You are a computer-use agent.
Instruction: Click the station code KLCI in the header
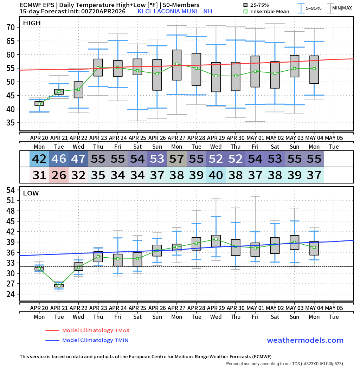pos(144,11)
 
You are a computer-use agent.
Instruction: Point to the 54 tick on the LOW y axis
pos(10,190)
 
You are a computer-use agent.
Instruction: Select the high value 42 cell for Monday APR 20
pos(39,159)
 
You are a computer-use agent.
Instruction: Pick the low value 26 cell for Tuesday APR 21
pos(59,175)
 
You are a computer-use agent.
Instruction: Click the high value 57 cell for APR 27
pos(177,159)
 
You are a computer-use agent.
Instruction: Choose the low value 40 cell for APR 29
pos(216,175)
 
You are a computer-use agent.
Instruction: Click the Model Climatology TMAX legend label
pos(96,330)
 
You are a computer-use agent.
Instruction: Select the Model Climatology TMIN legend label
pos(95,340)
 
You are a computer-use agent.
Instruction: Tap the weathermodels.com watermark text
pos(305,340)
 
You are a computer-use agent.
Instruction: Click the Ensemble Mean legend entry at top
pos(270,12)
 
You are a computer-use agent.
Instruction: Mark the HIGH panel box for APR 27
pos(177,65)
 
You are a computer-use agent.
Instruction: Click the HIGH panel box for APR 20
pos(39,103)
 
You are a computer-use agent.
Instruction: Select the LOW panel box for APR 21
pos(59,286)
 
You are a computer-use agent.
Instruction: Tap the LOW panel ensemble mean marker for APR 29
pos(216,239)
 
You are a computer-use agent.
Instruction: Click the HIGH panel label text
pos(32,23)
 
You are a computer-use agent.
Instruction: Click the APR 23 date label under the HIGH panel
pos(98,138)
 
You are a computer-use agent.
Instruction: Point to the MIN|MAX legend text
pos(342,8)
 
